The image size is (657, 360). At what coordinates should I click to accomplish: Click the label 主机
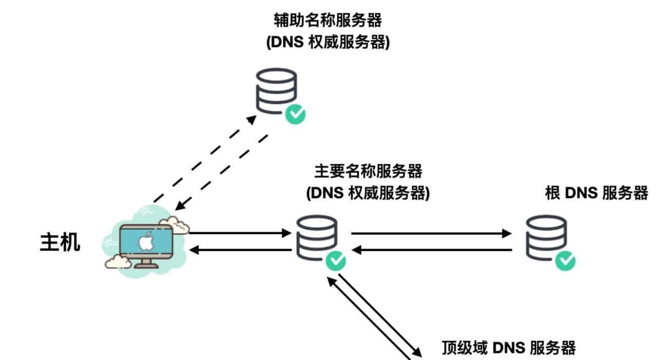tap(60, 242)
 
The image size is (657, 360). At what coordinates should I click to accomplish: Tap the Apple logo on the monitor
tap(146, 241)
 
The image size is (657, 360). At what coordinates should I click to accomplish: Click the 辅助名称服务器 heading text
tap(327, 21)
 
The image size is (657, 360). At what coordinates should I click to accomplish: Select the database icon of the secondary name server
tap(276, 90)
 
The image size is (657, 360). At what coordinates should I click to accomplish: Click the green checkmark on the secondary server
tap(296, 114)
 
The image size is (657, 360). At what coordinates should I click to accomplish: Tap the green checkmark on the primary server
tap(336, 261)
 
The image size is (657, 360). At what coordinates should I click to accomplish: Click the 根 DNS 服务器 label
tap(596, 193)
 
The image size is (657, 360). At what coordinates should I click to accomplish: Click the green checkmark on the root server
tap(565, 260)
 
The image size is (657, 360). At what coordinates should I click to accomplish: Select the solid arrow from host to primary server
tap(239, 233)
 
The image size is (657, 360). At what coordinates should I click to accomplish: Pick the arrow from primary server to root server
tap(431, 234)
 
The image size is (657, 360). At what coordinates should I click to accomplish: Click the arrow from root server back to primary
tap(431, 250)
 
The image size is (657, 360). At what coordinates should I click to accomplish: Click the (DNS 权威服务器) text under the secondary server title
tap(327, 43)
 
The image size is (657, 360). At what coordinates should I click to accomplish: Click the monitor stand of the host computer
tap(146, 263)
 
